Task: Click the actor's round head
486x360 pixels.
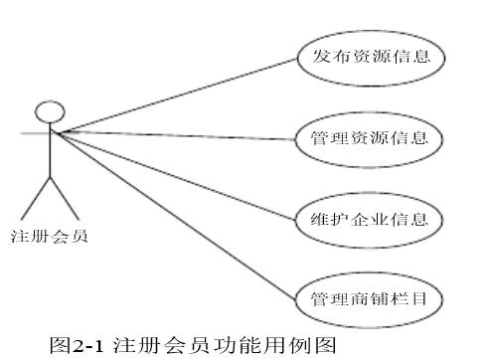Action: (x=50, y=110)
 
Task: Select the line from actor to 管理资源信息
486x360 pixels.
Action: (x=179, y=133)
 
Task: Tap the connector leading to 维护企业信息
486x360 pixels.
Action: (x=179, y=173)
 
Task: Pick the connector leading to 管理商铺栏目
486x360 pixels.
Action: (x=179, y=214)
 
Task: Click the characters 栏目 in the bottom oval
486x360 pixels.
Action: (x=414, y=298)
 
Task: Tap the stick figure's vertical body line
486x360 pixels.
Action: (x=50, y=149)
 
